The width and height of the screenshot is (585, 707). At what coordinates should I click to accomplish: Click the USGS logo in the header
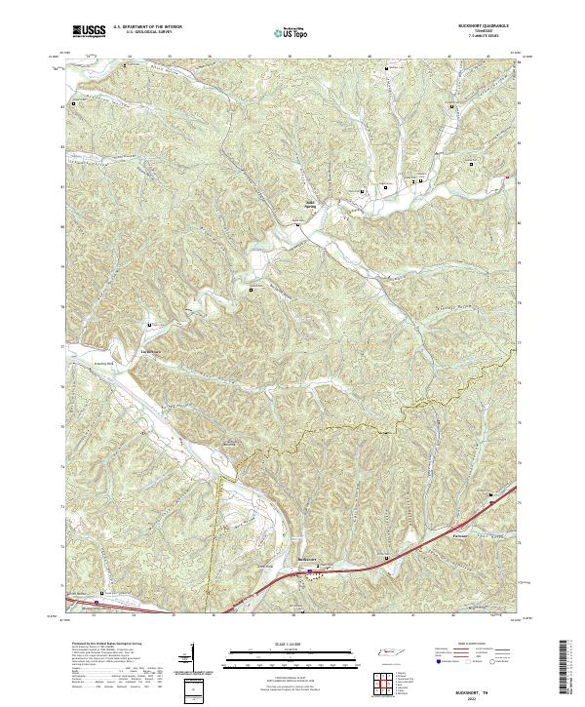(89, 31)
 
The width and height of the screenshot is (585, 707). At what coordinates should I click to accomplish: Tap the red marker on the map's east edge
(508, 177)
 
